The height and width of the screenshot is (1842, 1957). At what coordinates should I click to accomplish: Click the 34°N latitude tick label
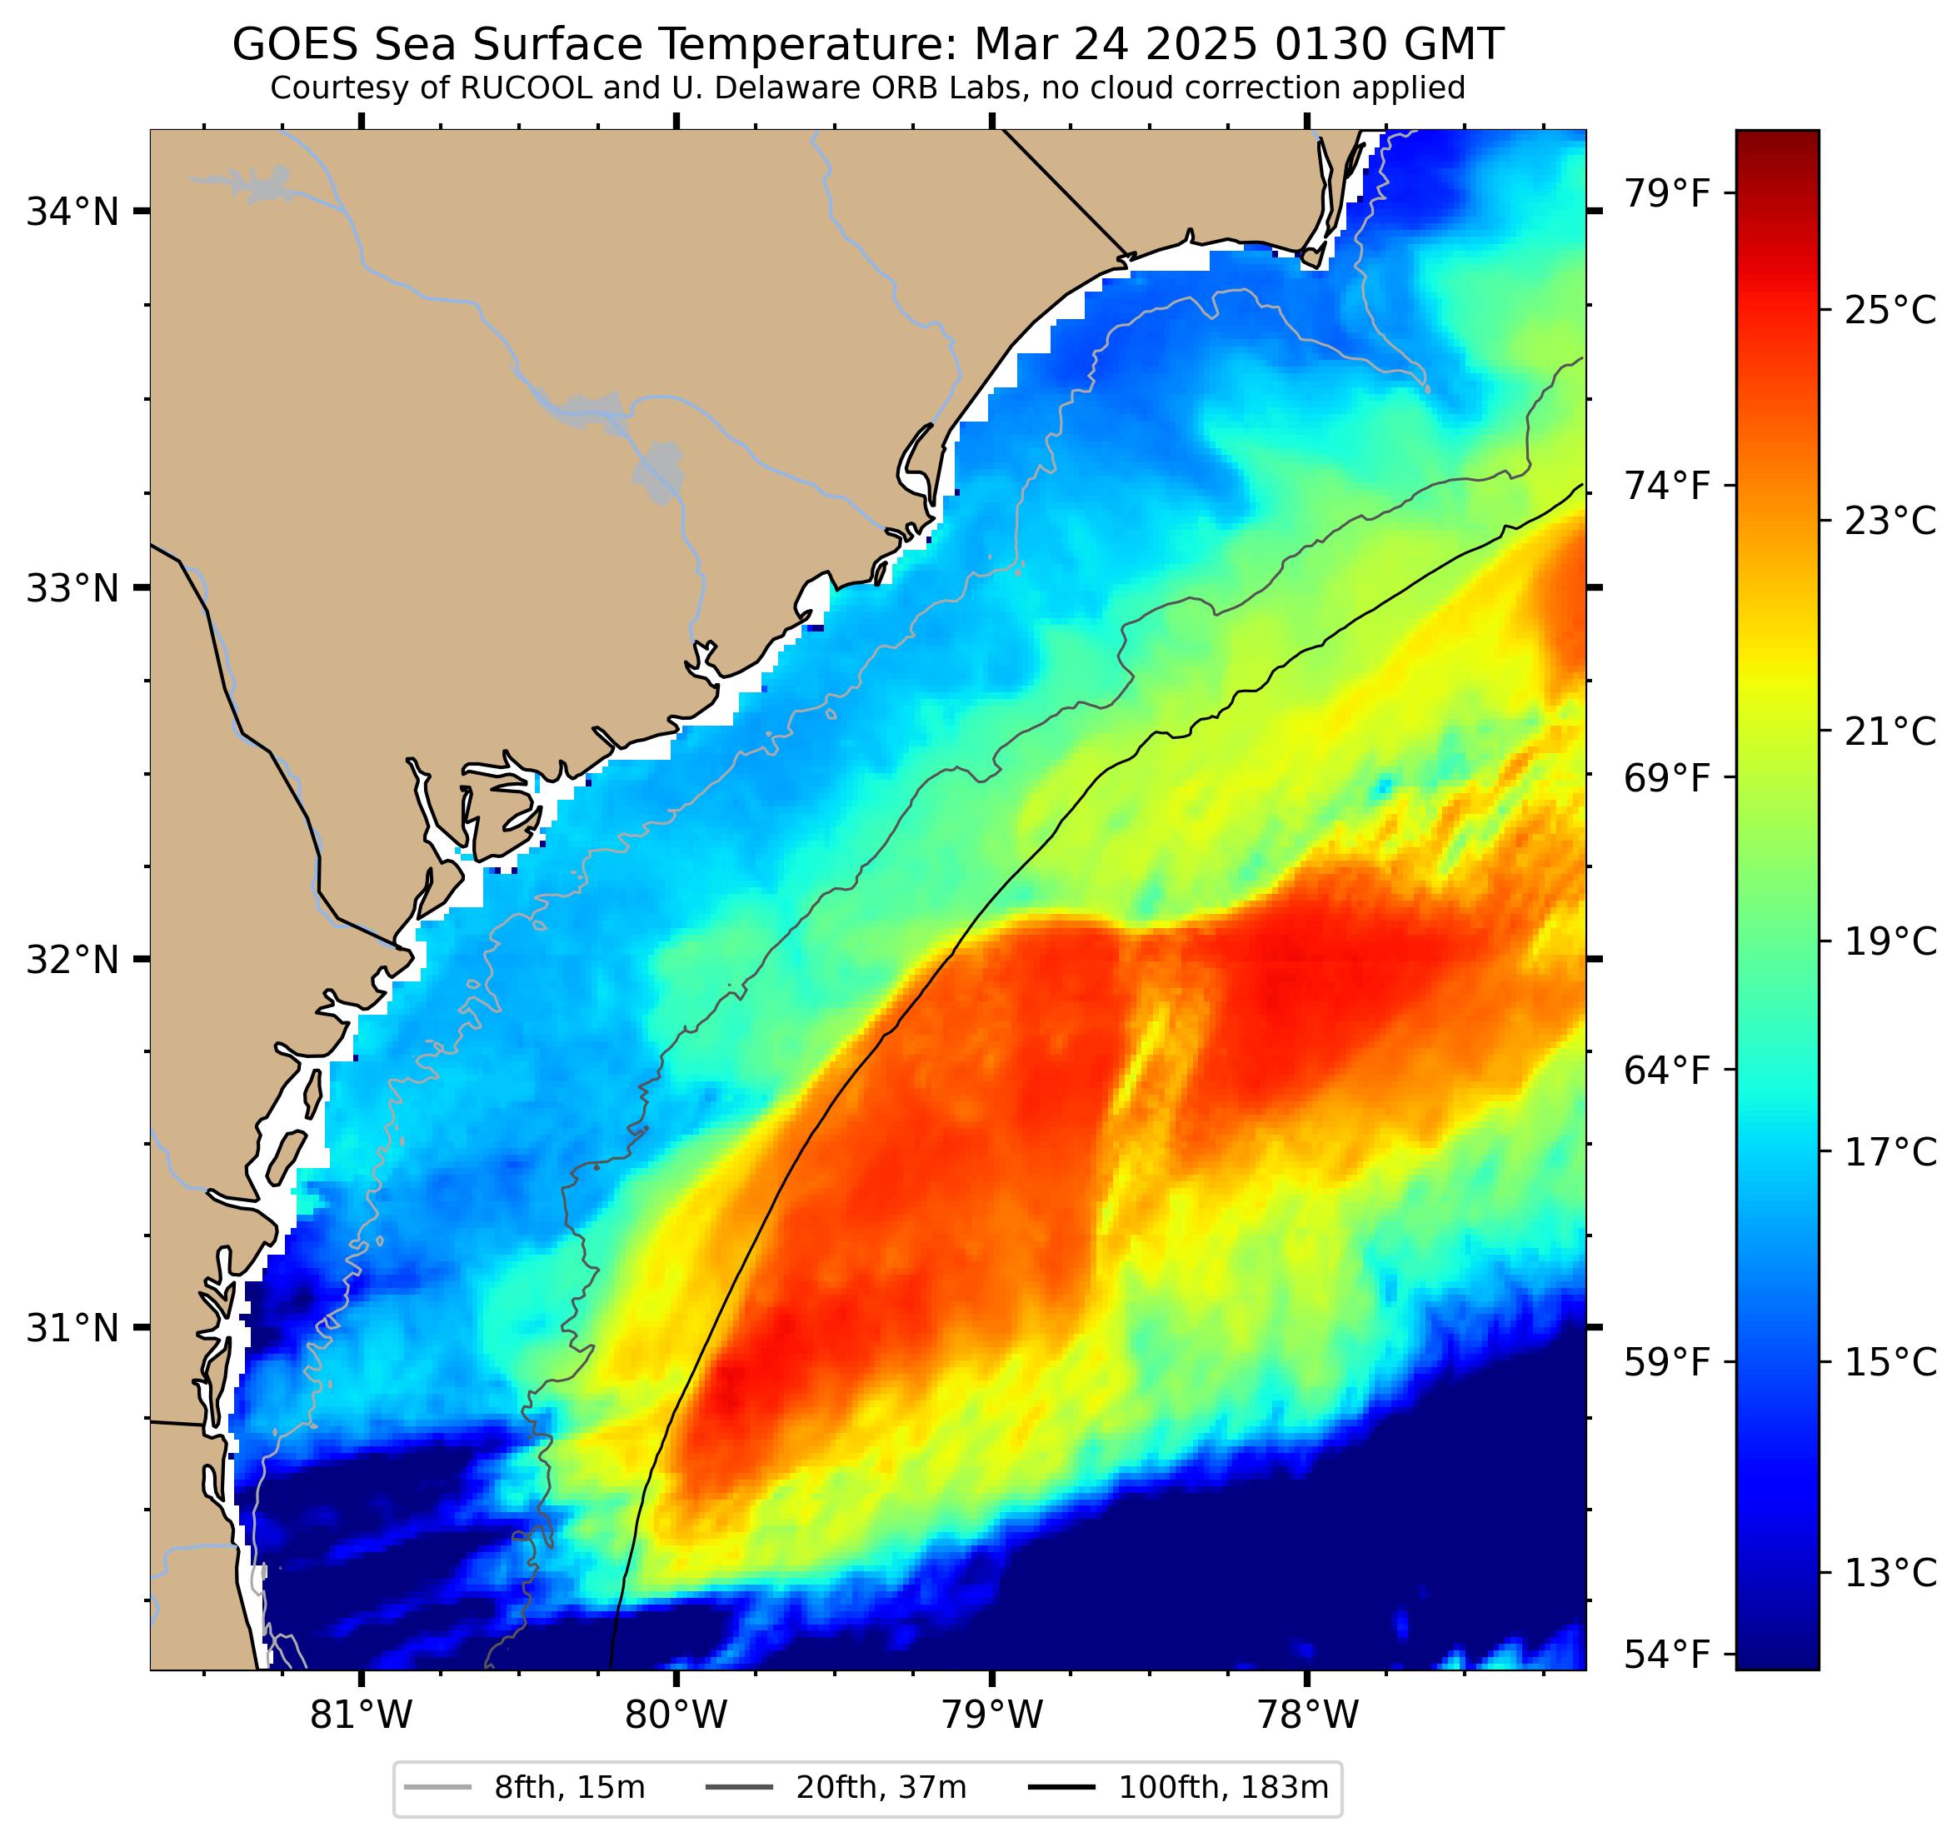point(72,212)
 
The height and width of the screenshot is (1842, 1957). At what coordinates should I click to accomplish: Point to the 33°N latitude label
point(72,589)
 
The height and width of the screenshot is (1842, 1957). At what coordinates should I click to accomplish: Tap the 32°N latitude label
point(72,959)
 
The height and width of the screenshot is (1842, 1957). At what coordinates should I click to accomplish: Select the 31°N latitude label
point(72,1328)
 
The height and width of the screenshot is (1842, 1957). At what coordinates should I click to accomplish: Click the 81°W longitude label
point(362,1715)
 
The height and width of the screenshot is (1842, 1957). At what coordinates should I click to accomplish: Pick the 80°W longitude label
point(676,1715)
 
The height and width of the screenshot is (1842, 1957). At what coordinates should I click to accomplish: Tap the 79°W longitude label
point(991,1715)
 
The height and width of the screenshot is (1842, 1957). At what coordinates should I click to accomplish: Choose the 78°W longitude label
point(1306,1715)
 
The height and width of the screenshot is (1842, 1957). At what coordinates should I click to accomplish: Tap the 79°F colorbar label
point(1666,193)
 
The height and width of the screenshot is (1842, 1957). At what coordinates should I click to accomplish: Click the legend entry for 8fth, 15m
point(569,1787)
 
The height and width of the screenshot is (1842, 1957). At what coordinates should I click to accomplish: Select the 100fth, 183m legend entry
point(1223,1787)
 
